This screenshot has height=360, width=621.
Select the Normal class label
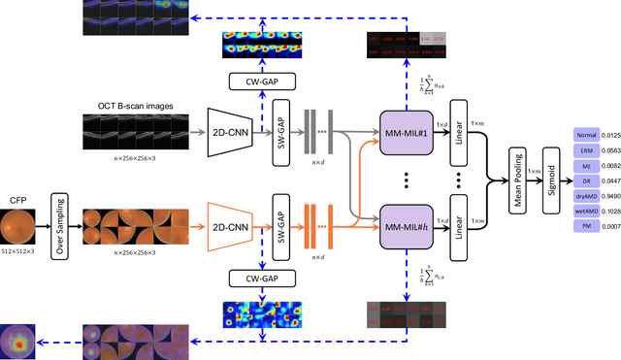click(x=587, y=135)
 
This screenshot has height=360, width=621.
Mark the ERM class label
click(x=587, y=150)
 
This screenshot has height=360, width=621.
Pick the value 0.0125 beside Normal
click(x=610, y=135)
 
